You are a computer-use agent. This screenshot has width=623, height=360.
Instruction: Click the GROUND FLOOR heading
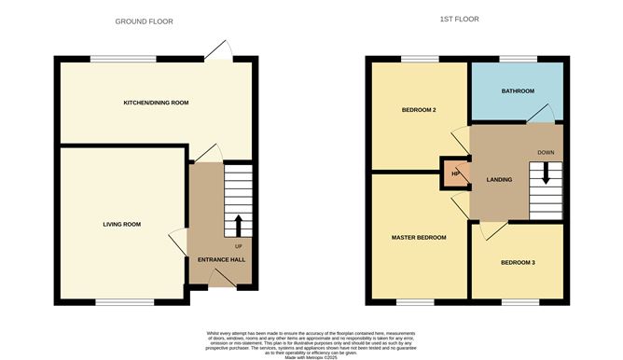coord(144,21)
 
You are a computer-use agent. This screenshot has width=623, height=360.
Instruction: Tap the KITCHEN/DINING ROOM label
coord(157,102)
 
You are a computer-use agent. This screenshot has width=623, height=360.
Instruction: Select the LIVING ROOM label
coord(121,224)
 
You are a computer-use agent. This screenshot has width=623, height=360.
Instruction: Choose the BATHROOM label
coord(518,91)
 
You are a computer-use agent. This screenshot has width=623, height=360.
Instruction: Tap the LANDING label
coord(500,179)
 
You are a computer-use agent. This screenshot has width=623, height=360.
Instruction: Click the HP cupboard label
coord(456,174)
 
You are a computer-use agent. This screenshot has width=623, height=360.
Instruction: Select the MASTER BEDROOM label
coord(418,238)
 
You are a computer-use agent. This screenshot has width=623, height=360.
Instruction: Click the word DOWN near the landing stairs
coord(547,152)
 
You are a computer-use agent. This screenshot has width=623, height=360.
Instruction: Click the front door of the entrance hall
coord(221,279)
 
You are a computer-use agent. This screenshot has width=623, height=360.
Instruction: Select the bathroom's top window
coord(518,61)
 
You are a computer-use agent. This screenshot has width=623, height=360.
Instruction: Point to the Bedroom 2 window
coord(419,61)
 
